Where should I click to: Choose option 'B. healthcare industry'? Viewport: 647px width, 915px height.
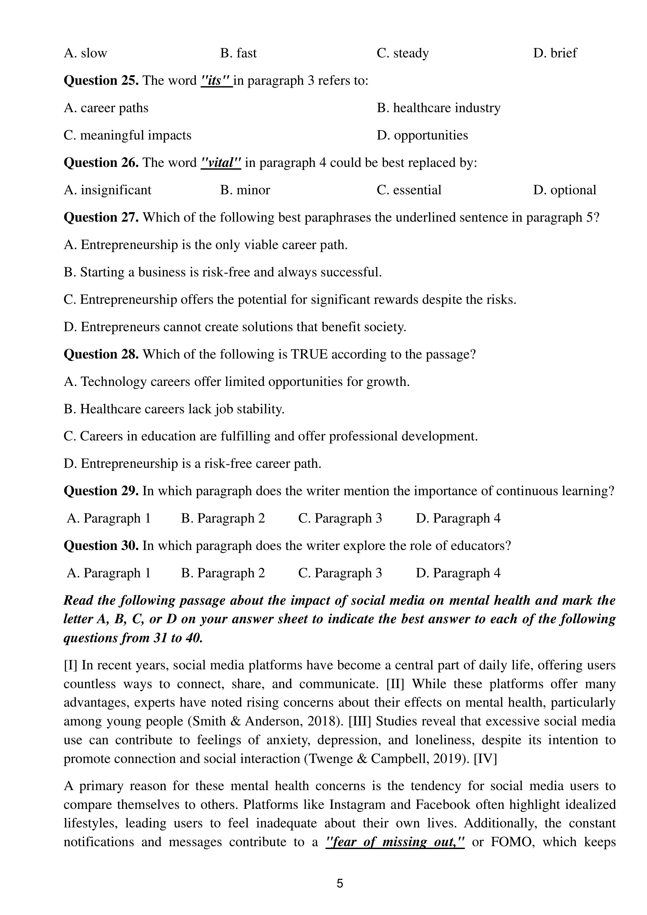439,108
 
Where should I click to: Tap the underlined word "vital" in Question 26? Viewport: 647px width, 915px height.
221,163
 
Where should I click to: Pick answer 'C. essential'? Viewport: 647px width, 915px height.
409,190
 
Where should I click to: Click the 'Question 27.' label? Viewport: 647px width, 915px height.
101,217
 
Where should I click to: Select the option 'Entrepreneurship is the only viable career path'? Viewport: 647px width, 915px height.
206,245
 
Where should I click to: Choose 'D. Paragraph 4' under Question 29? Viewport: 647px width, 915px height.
458,518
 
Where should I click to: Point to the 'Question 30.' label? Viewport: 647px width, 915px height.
101,546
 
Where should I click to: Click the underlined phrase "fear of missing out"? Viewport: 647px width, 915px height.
395,842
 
